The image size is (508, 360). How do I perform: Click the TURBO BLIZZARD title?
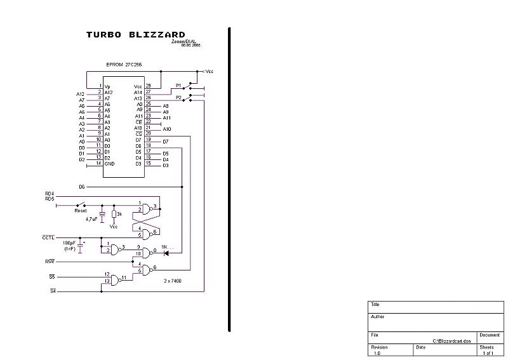[136, 35]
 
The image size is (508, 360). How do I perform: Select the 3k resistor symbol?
[114, 214]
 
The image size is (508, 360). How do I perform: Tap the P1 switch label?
[179, 85]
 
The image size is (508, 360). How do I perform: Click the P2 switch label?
[179, 98]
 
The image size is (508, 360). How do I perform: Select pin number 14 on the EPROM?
[98, 163]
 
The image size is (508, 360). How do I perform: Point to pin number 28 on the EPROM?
[148, 86]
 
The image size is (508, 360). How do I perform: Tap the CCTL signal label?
[48, 237]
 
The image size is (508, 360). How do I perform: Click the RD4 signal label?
[50, 193]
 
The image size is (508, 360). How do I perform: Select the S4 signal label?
[53, 291]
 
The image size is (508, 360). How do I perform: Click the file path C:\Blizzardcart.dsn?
[452, 341]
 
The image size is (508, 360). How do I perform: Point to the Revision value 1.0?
[377, 353]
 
